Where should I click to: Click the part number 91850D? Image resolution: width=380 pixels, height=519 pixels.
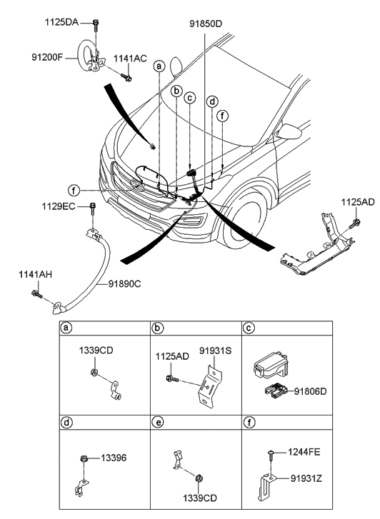click(206, 24)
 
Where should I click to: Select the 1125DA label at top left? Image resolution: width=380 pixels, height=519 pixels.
click(61, 23)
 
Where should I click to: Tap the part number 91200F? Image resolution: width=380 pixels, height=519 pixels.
click(47, 57)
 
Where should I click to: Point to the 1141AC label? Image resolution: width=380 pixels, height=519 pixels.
click(130, 59)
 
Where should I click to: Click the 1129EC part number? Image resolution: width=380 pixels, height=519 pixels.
click(59, 206)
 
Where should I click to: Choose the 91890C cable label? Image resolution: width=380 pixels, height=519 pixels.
click(124, 284)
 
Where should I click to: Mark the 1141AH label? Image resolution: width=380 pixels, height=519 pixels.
click(35, 275)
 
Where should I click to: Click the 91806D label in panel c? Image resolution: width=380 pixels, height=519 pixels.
click(311, 391)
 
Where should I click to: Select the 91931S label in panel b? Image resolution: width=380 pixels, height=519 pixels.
click(215, 351)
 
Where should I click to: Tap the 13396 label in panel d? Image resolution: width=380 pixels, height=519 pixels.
click(114, 458)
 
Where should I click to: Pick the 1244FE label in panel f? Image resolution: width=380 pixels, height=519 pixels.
click(304, 452)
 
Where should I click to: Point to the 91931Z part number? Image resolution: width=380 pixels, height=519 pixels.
click(306, 478)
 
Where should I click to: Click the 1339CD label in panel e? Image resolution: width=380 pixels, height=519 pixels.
click(200, 498)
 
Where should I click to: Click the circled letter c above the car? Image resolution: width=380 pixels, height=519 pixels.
click(189, 98)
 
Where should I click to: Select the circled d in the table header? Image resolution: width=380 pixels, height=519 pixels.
click(66, 423)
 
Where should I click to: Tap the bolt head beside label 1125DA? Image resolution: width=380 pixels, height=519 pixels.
click(96, 23)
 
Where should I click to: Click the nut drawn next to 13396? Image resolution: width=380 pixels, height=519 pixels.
click(84, 459)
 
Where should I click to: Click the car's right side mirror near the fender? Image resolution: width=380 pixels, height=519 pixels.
click(289, 131)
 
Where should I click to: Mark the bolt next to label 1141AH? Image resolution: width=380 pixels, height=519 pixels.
click(36, 293)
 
